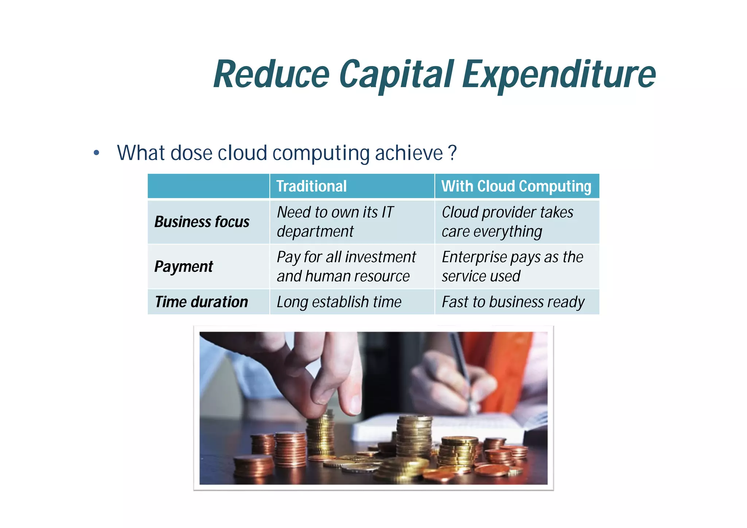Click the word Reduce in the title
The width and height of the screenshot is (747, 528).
[272, 75]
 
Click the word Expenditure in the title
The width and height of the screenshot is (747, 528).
[559, 75]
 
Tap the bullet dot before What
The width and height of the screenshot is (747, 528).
[96, 153]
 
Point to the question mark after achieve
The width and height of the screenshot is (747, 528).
[452, 153]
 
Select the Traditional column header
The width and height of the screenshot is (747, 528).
[311, 186]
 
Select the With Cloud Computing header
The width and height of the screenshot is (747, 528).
[516, 186]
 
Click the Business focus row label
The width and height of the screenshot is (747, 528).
[202, 222]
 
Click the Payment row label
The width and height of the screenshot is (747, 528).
[183, 266]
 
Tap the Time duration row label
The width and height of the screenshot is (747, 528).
[201, 302]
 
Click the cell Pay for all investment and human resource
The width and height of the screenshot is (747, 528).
[346, 266]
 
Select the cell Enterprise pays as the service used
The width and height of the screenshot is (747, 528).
[512, 266]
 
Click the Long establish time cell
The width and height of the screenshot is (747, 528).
[339, 302]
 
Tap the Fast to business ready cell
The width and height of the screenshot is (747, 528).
[513, 302]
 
